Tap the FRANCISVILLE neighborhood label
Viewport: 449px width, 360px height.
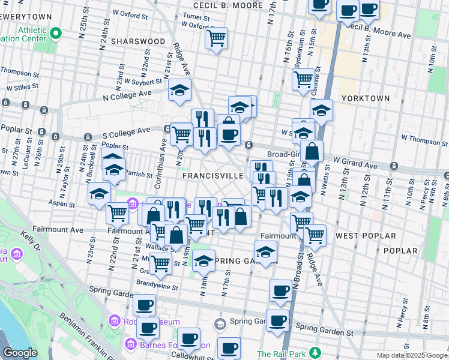click(x=213, y=176)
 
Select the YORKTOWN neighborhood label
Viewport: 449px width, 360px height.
click(x=365, y=98)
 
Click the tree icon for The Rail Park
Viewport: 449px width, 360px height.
click(x=315, y=352)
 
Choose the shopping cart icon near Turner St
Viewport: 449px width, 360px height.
click(x=216, y=38)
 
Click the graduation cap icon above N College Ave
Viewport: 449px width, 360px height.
click(x=179, y=90)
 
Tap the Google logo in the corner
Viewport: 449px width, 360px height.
click(x=20, y=352)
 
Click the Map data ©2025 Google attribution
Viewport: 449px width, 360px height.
click(x=412, y=355)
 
